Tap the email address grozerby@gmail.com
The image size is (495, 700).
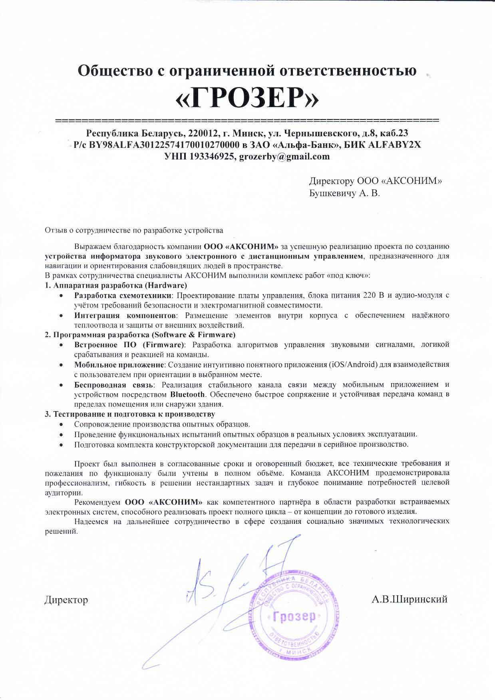click(x=284, y=157)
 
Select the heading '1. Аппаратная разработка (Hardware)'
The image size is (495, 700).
click(x=116, y=285)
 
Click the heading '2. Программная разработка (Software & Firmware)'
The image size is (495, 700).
click(x=140, y=334)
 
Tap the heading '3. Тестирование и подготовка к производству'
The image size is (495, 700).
click(x=130, y=414)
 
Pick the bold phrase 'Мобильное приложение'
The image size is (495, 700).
click(x=119, y=364)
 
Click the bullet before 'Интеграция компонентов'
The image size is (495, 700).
click(x=60, y=316)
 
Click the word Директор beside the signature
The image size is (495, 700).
click(x=66, y=600)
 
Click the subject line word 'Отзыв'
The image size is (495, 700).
click(x=54, y=231)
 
